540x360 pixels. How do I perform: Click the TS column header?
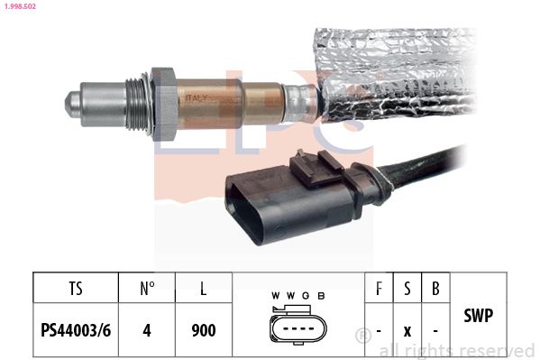click(76, 291)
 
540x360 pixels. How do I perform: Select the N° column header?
click(148, 291)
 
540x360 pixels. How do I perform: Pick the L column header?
click(205, 291)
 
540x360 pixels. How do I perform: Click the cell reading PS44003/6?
click(76, 330)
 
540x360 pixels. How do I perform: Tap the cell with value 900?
click(205, 330)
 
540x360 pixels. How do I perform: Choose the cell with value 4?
click(148, 330)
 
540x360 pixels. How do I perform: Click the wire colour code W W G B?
click(297, 295)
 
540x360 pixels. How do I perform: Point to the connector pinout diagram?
click(297, 329)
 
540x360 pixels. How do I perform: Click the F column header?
click(379, 291)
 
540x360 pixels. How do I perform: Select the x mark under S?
click(407, 331)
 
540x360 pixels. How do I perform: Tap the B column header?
click(435, 291)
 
